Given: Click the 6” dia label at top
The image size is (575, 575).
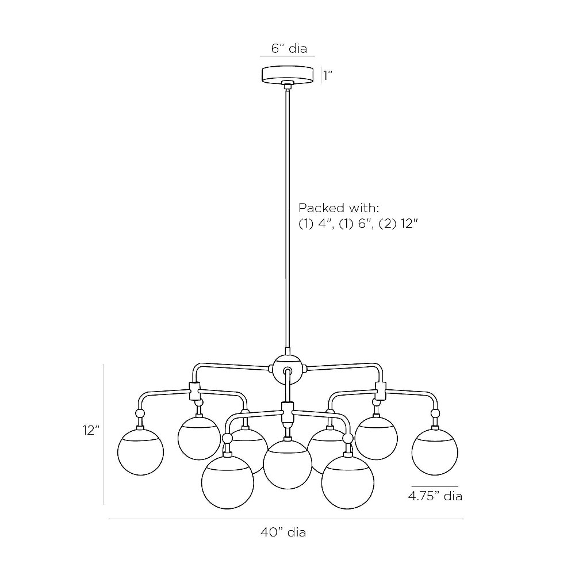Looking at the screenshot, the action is point(289,48).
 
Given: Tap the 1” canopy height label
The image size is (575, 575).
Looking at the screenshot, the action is point(328,75).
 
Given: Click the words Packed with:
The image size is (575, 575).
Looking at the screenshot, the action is point(339,208).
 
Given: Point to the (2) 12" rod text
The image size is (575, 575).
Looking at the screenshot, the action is point(398,223).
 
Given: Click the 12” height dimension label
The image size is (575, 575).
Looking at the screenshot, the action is point(91,430).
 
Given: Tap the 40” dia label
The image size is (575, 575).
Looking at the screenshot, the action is point(283,532).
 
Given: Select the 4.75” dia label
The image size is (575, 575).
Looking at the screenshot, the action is point(435,496).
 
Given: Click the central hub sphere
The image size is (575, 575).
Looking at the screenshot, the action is point(287,369).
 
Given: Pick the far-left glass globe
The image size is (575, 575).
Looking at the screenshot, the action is point(140,452).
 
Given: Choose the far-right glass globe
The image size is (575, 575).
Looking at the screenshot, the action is point(435,452).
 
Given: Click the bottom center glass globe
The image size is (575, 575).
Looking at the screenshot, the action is point(287,465).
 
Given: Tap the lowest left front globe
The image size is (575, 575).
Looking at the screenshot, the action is point(227,482).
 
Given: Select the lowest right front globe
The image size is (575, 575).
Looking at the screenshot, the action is point(348,482).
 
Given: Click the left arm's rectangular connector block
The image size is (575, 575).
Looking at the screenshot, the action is point(195,391).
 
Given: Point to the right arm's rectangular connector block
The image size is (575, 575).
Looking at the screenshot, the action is point(381,391).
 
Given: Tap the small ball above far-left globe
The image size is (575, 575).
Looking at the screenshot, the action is point(140,413).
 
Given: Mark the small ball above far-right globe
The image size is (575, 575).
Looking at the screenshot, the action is point(435,413).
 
